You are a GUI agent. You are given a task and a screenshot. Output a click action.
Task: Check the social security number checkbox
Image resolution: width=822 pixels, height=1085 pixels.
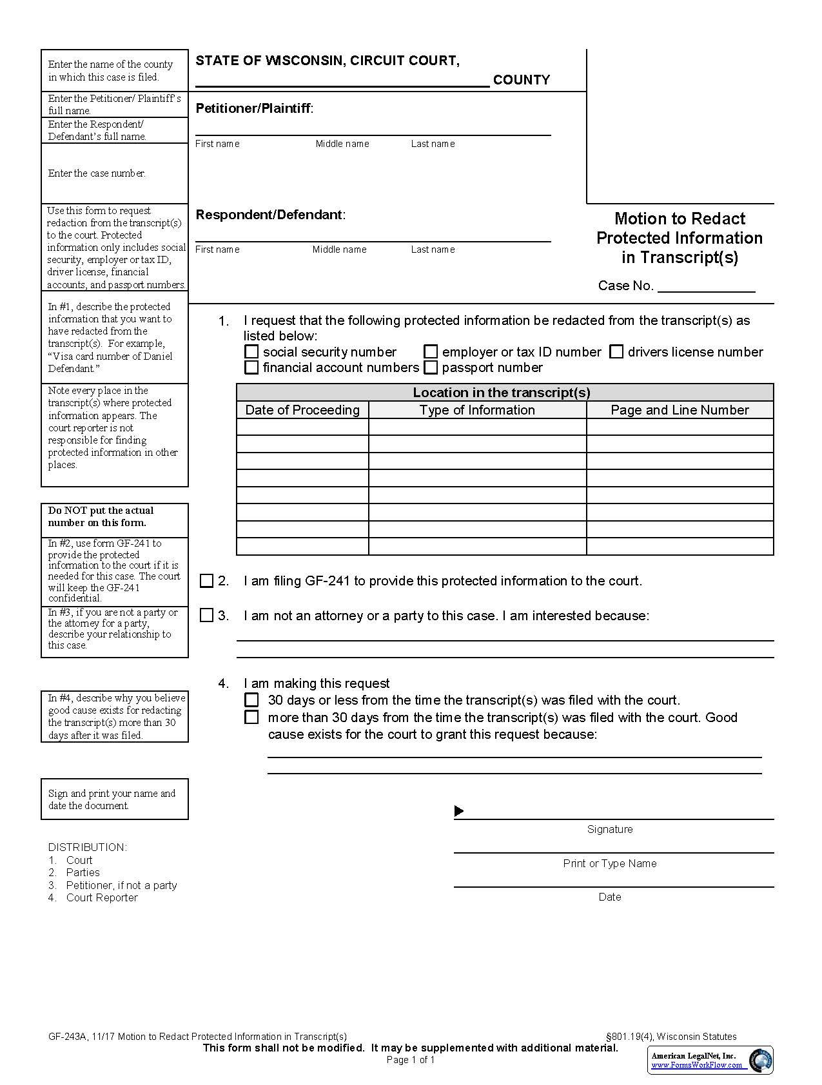251,352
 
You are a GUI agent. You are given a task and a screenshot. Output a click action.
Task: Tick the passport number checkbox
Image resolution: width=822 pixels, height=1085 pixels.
431,367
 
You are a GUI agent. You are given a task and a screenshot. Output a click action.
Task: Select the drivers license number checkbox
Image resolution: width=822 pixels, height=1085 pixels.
616,352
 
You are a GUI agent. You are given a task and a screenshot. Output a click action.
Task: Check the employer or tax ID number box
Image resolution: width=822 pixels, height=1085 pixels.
431,352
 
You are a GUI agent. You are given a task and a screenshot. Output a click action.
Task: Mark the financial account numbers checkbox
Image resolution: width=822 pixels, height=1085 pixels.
251,367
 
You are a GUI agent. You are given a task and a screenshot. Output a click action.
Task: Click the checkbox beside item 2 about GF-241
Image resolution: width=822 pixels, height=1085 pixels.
206,581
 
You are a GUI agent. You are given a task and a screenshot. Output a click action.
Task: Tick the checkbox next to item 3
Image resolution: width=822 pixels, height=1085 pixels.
206,616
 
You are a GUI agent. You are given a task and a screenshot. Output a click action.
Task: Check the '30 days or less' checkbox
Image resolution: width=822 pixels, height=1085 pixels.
251,700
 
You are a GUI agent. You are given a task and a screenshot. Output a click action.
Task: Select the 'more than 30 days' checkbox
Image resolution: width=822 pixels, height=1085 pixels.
251,718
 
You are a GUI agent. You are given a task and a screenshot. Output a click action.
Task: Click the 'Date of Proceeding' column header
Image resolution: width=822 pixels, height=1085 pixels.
302,410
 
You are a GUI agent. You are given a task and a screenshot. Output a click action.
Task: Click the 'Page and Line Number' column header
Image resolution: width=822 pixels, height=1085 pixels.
680,410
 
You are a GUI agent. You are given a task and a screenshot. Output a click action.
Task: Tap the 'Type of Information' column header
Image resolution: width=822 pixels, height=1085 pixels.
477,410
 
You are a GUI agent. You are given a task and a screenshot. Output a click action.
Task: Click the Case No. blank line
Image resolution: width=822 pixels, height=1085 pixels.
706,287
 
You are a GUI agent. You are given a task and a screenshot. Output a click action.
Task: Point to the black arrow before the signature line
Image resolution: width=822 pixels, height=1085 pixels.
459,811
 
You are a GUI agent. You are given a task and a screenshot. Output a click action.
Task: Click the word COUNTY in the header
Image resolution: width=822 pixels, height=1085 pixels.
521,80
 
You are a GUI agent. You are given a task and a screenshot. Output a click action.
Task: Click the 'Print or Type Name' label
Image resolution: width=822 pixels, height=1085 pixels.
609,863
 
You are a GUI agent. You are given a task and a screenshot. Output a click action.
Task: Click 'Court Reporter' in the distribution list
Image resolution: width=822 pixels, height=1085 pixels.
102,897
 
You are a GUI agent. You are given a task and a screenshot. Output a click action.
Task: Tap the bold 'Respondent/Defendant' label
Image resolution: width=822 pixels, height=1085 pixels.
269,215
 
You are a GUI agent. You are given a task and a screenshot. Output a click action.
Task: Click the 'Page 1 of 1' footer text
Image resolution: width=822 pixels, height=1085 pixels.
411,1060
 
